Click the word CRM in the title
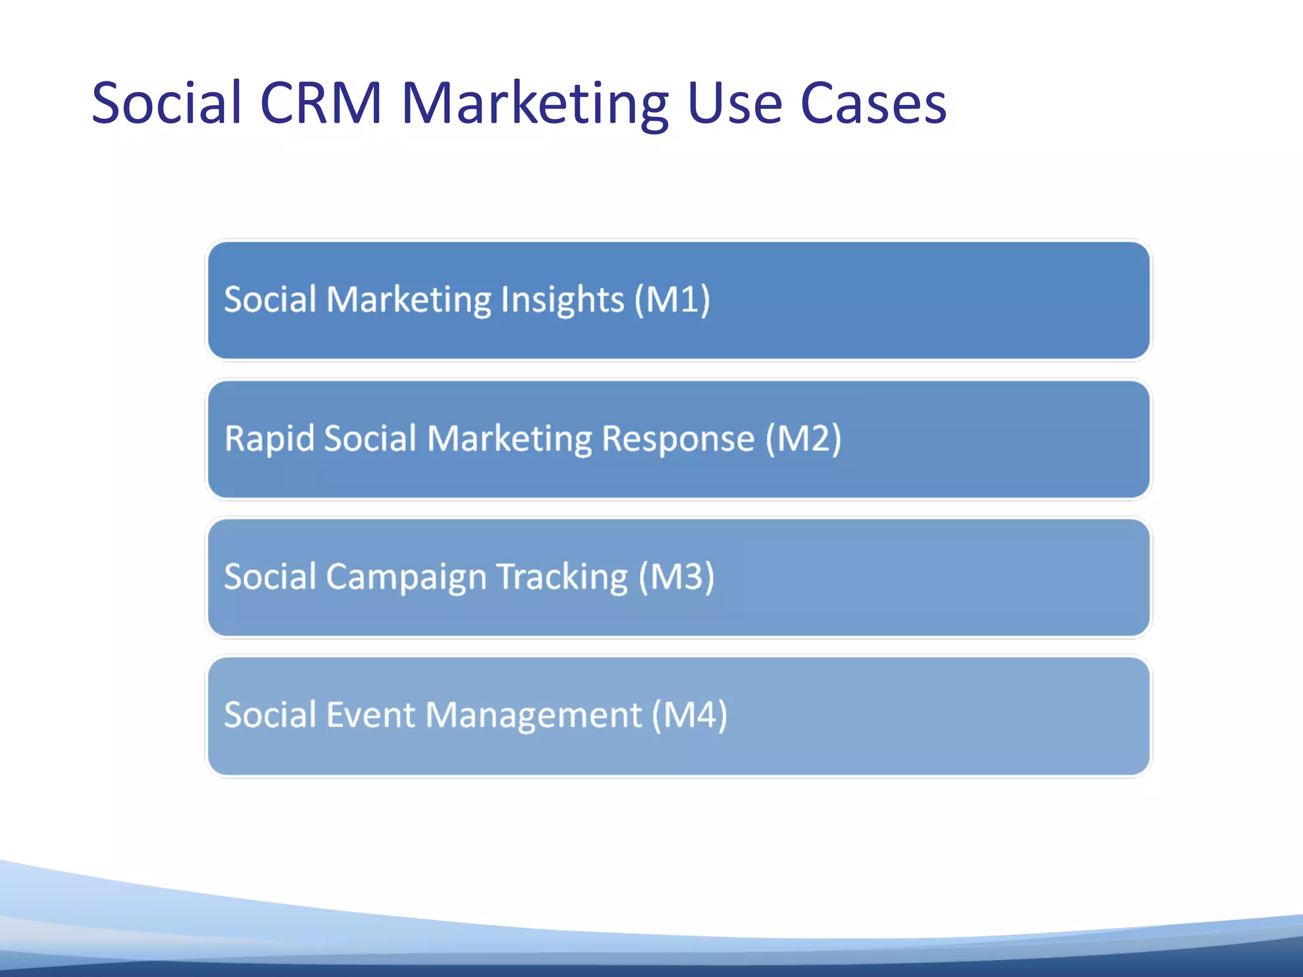click(321, 103)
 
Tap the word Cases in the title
click(873, 103)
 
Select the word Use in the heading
click(734, 103)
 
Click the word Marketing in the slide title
click(534, 103)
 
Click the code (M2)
click(803, 438)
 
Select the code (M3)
click(676, 577)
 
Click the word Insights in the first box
click(562, 300)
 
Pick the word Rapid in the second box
click(270, 438)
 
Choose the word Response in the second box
click(678, 438)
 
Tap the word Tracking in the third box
click(562, 577)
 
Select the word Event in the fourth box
click(370, 715)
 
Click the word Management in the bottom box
click(533, 715)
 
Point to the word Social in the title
click(167, 103)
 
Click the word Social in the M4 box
click(270, 715)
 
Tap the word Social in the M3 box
click(270, 577)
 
